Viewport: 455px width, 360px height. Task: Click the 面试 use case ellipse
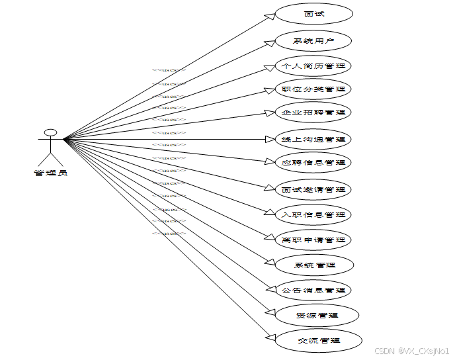[314, 13]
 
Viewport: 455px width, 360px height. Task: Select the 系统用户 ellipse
[313, 41]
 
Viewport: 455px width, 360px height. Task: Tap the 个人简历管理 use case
[313, 66]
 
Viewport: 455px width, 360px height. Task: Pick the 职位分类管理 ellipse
[313, 89]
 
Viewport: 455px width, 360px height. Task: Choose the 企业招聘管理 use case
[313, 112]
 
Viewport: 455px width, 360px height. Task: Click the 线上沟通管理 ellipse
[313, 139]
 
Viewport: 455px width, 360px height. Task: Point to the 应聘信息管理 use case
[313, 162]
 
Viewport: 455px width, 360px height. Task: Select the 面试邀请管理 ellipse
[313, 189]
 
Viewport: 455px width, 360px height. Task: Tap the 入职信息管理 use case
[313, 214]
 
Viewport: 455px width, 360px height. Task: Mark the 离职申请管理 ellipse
[313, 239]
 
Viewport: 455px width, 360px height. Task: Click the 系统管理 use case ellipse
[315, 265]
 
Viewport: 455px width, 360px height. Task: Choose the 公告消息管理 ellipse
[313, 290]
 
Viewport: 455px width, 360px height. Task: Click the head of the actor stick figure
[50, 129]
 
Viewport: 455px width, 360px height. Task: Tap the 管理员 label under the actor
[50, 173]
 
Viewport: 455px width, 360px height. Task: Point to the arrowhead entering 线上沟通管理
[269, 139]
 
